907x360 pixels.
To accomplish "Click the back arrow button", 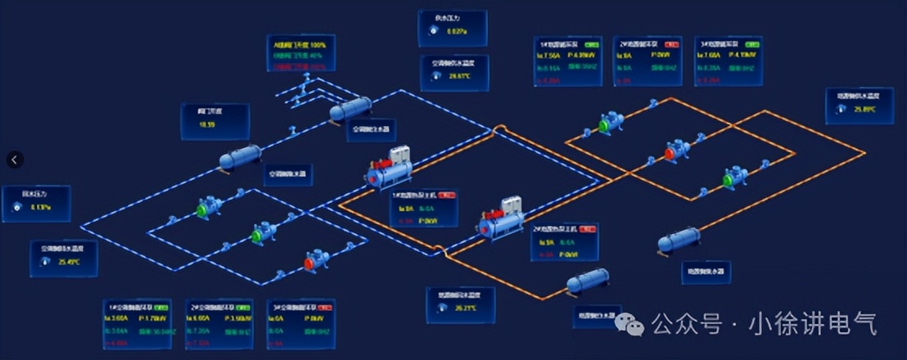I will [15, 160].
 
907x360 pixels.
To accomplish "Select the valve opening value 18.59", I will [207, 124].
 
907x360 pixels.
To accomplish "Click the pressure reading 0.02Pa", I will [457, 32].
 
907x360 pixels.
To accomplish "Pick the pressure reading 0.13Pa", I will [41, 208].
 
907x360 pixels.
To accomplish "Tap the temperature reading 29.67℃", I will [460, 77].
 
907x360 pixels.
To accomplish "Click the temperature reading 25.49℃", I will [69, 263].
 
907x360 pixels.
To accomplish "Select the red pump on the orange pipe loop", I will [671, 151].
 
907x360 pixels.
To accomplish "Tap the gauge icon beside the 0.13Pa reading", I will [17, 208].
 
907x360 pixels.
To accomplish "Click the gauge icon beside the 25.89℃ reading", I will [842, 109].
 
